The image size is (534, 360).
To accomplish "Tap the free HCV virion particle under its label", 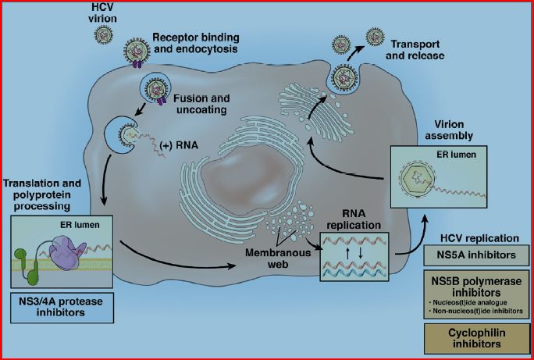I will [104, 34].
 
